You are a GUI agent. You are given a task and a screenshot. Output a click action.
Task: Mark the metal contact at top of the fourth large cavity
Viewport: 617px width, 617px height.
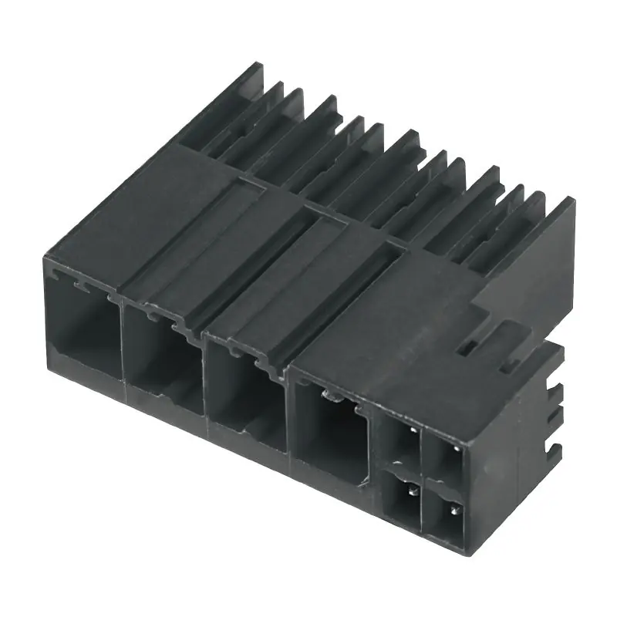point(329,396)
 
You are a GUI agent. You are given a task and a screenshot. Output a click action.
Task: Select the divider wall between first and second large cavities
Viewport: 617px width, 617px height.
point(121,339)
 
